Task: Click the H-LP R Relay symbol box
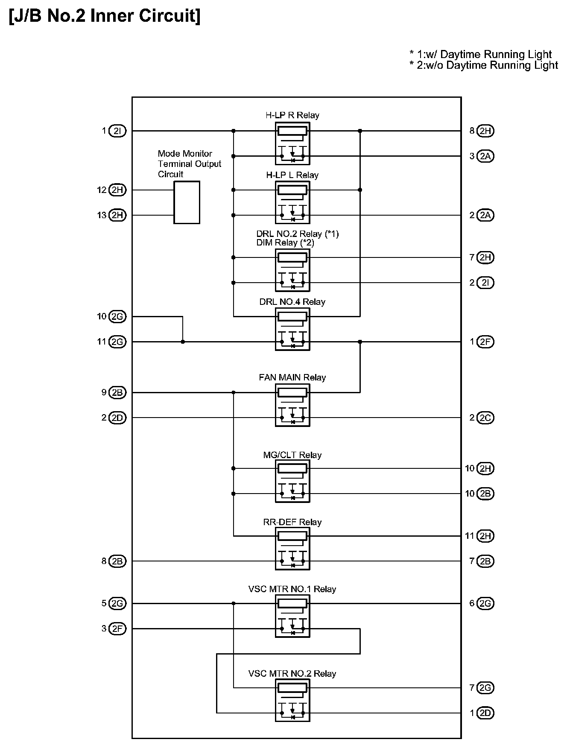(x=292, y=144)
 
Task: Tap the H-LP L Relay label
(x=292, y=175)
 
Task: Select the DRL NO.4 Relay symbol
(x=292, y=330)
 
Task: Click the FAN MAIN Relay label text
(x=292, y=377)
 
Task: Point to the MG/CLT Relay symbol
(x=292, y=481)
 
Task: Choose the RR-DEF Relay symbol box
(x=292, y=549)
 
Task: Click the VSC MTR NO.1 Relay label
(x=292, y=589)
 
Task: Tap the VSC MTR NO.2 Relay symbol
(x=292, y=701)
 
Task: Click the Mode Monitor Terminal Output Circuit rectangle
(x=187, y=202)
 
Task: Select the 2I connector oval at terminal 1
(x=117, y=131)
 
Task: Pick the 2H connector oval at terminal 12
(x=117, y=190)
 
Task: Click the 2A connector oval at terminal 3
(x=485, y=156)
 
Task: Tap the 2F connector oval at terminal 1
(x=485, y=342)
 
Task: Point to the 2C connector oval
(x=485, y=418)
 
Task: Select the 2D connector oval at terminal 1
(x=485, y=713)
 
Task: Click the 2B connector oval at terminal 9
(x=117, y=392)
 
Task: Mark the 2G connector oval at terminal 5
(x=117, y=604)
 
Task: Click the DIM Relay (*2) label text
(x=285, y=243)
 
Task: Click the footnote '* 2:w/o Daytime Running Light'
(x=483, y=65)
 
